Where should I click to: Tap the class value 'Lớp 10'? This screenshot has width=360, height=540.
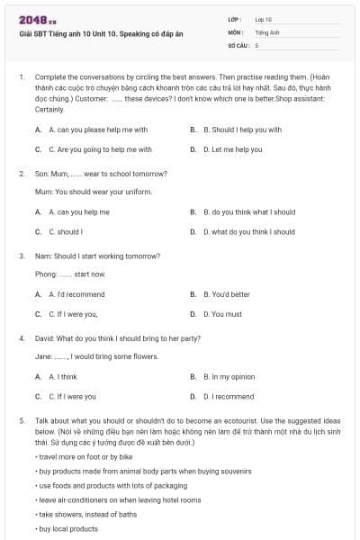[264, 19]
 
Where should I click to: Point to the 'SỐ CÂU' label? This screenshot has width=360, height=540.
[238, 44]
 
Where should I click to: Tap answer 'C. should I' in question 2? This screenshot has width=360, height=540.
[66, 231]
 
